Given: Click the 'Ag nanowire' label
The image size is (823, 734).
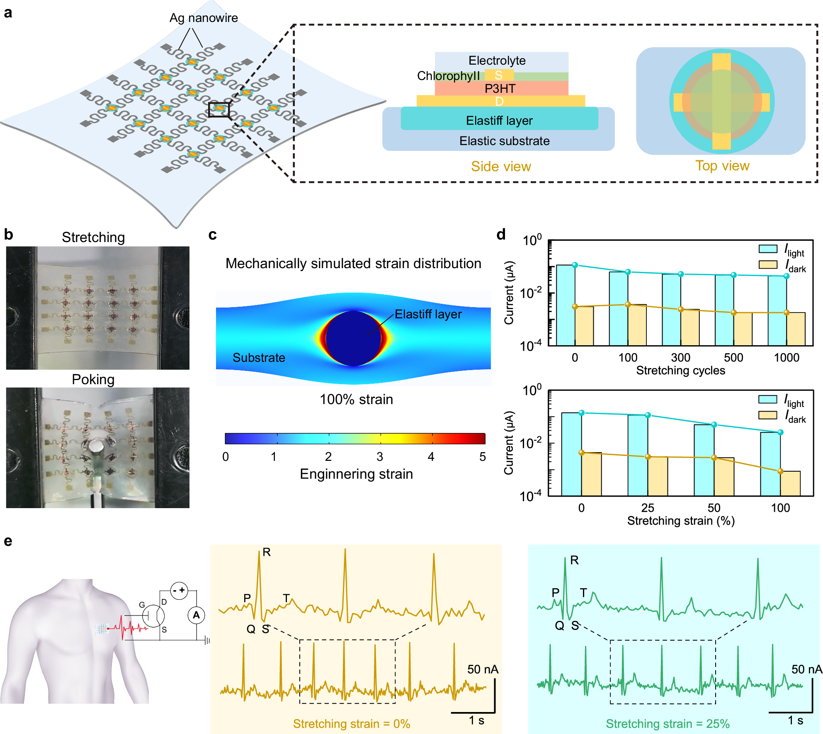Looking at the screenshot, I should point(204,18).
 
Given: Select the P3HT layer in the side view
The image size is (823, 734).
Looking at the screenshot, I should point(501,88).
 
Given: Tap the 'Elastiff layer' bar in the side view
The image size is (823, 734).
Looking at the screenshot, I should point(499,120).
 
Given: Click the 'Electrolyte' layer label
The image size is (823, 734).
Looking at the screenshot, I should point(497,61).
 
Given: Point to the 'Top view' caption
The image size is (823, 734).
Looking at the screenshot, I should point(722,166).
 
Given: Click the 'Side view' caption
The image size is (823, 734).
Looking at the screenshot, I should point(501,167).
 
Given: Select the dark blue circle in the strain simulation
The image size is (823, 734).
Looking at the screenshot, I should point(353,338).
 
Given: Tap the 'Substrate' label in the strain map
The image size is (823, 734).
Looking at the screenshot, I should point(259,358).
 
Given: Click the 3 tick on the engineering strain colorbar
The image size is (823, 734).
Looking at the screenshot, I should point(380,457).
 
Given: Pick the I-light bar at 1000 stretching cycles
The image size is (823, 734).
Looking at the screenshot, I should point(777,311).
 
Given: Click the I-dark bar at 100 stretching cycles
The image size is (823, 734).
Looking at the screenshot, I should point(637,325).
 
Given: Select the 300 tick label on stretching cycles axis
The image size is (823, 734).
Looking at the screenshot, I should point(680,358).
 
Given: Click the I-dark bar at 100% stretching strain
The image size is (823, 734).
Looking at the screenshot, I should point(790,483).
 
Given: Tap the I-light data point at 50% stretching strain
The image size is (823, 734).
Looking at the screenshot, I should point(714,425).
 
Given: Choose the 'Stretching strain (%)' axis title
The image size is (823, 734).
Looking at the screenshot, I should point(681,521).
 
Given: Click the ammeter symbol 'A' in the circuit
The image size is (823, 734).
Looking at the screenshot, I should point(196,615).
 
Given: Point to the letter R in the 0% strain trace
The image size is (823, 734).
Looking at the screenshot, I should point(267,552).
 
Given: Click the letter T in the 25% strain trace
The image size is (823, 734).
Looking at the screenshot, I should point(583,593).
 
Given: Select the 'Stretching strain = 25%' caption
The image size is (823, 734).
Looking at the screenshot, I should point(668,724).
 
